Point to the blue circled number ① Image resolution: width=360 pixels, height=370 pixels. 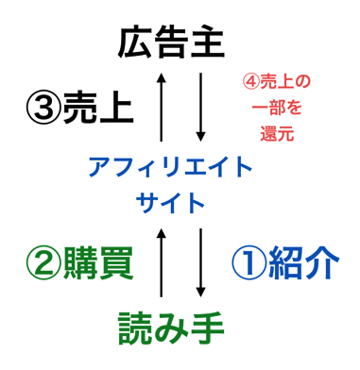(249, 262)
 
